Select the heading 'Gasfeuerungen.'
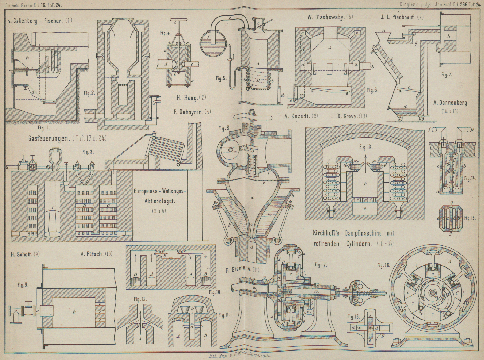[48, 138]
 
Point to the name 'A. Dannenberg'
[450, 103]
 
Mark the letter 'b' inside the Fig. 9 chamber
[74, 312]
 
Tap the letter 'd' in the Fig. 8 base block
[252, 247]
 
